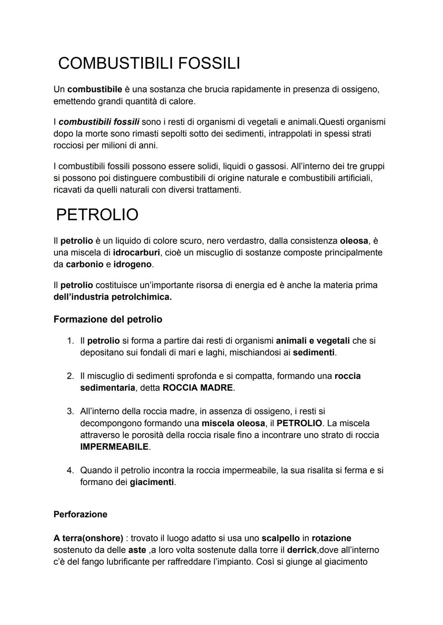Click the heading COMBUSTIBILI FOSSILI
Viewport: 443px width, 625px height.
149,64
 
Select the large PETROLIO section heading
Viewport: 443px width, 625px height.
97,215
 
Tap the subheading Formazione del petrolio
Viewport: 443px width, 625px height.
108,319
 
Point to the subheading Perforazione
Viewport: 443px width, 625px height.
80,514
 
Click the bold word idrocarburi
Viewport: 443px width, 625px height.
136,252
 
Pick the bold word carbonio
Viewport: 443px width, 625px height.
84,264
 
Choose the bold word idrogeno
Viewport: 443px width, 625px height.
132,264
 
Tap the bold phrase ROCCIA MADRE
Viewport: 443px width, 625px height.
198,388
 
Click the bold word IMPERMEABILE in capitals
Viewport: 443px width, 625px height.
114,447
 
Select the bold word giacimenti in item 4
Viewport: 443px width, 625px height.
152,482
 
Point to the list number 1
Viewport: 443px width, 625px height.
71,341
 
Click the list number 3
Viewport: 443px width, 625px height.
71,411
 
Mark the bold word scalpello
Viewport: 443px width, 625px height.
280,538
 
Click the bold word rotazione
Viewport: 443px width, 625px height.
331,538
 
